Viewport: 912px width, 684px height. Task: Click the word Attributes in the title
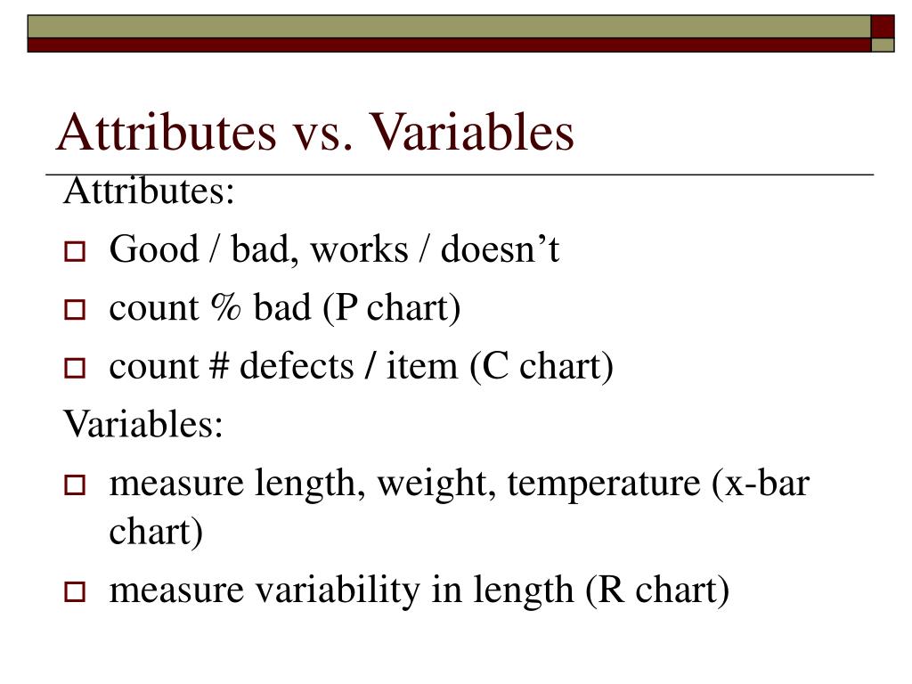(x=167, y=132)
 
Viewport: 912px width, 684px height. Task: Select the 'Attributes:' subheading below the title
(x=149, y=191)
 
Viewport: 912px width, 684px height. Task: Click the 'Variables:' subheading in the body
(x=142, y=425)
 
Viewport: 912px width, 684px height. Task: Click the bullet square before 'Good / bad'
(x=74, y=253)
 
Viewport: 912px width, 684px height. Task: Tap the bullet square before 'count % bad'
(x=74, y=311)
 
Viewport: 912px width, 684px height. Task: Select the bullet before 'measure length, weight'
(x=74, y=486)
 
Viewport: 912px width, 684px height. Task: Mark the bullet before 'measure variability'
(x=74, y=591)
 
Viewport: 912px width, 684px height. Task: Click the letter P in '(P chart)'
(x=346, y=308)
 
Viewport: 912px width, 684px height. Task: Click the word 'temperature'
(x=606, y=485)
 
